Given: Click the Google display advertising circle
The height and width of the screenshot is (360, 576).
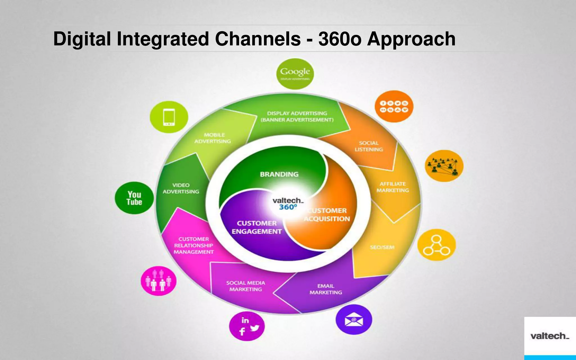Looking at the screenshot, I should (x=295, y=74).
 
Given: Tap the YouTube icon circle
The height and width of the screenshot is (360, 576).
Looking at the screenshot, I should (x=134, y=198).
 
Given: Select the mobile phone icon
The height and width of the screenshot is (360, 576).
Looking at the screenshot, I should (x=169, y=117).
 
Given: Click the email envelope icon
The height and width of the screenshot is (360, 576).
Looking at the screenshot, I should (x=354, y=320).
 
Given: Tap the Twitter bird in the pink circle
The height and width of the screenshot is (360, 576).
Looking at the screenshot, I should (x=255, y=328).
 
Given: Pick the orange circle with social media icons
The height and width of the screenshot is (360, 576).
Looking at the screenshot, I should (x=394, y=106).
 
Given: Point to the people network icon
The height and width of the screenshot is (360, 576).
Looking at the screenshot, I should (x=444, y=166).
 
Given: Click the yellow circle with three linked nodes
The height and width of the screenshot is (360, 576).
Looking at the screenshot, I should (x=436, y=245).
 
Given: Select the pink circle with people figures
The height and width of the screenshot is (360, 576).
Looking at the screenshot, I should (x=158, y=281).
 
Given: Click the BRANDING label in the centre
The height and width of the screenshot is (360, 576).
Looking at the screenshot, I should (x=279, y=174).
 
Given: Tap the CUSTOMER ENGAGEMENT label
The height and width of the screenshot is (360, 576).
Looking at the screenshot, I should (x=256, y=227).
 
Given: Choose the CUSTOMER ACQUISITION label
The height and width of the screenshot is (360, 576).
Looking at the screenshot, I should (x=327, y=215).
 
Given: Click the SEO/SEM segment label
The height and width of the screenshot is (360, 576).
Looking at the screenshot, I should (x=382, y=247).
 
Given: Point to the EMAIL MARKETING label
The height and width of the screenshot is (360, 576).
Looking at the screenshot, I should (x=326, y=289).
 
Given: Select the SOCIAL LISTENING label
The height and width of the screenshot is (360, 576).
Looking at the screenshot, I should (x=368, y=146).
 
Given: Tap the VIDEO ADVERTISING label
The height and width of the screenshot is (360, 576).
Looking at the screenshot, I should (x=181, y=188).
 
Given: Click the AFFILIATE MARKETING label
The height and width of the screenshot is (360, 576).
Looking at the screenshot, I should (x=393, y=187).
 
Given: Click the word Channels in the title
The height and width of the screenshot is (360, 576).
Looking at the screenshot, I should (x=258, y=39).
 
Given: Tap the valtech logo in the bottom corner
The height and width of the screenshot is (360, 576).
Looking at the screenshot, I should (x=550, y=336).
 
